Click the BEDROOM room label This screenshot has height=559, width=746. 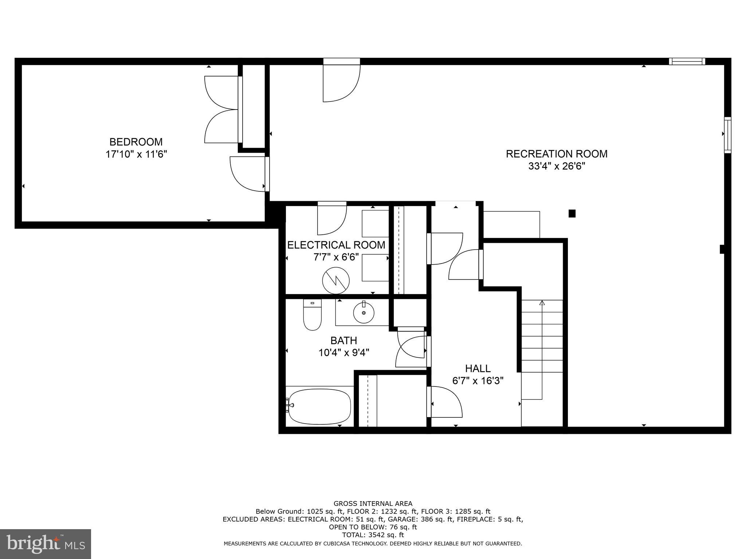click(136, 142)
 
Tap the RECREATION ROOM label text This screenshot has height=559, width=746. click(556, 154)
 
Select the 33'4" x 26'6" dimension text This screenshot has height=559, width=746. click(556, 166)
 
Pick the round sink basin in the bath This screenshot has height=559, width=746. click(364, 312)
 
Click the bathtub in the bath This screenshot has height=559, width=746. click(319, 407)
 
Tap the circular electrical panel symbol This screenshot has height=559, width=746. click(336, 281)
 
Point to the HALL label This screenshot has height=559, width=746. click(478, 369)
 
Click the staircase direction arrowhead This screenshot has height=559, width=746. click(542, 302)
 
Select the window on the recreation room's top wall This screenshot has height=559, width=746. click(687, 62)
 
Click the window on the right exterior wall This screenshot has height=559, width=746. click(727, 135)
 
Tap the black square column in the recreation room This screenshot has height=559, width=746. click(572, 214)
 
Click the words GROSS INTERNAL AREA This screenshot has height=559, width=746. click(373, 504)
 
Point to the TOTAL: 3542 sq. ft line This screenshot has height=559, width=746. click(373, 535)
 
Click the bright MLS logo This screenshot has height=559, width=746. click(46, 543)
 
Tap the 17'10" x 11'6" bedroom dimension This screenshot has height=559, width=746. click(136, 154)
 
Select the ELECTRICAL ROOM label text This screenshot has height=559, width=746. click(336, 245)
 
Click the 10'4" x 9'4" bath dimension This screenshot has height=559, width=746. click(343, 353)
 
